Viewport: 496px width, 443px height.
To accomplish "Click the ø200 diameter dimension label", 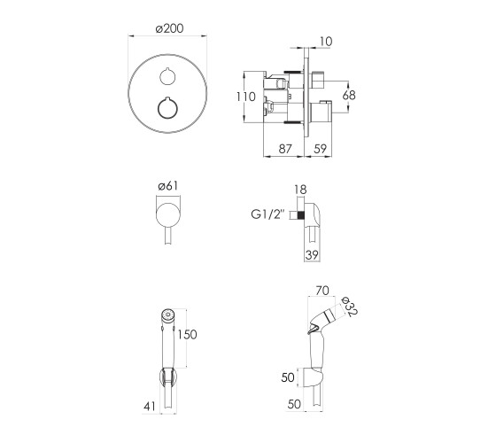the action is tap(169, 28).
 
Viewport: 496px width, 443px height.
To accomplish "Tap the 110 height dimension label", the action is tap(246, 97).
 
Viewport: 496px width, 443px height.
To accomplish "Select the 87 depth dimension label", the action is tap(285, 149).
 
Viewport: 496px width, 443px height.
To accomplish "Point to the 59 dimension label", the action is tap(320, 149).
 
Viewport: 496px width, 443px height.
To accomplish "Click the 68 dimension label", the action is tap(349, 95).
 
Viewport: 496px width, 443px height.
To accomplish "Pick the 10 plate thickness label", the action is tap(326, 42).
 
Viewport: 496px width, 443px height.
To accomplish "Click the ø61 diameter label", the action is tap(168, 186).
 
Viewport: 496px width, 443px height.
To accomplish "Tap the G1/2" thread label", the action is tap(267, 214).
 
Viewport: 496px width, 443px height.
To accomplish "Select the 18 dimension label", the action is tap(300, 190).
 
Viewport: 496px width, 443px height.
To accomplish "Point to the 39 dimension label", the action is tap(312, 255).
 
